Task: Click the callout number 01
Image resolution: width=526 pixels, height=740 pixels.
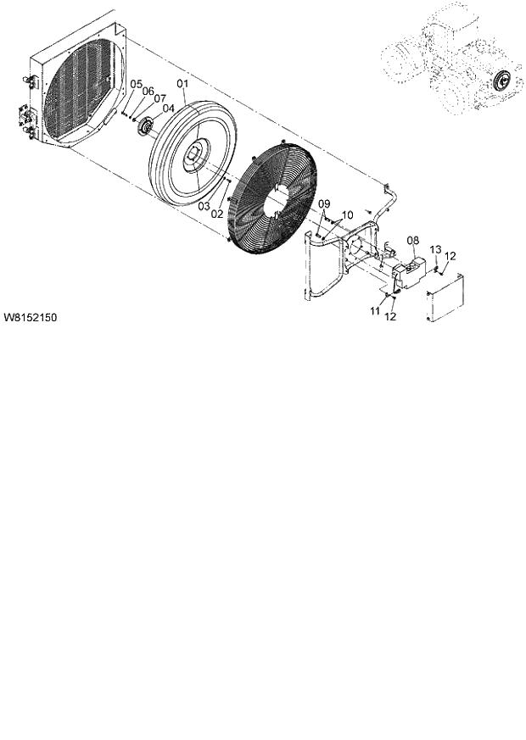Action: [x=182, y=85]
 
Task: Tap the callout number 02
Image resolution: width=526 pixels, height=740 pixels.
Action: [x=217, y=214]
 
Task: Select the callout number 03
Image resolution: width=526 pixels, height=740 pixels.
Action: [x=204, y=206]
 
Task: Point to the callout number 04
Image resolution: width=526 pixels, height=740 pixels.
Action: [x=168, y=108]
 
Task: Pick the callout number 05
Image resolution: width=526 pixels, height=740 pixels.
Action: [x=136, y=84]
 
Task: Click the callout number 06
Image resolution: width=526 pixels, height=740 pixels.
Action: [x=148, y=91]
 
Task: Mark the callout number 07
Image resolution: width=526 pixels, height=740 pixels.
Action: [x=159, y=98]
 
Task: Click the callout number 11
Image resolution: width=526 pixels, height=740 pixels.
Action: [x=374, y=312]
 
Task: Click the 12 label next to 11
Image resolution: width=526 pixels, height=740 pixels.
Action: [x=392, y=317]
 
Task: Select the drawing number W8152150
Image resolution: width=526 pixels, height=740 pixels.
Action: [x=31, y=319]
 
